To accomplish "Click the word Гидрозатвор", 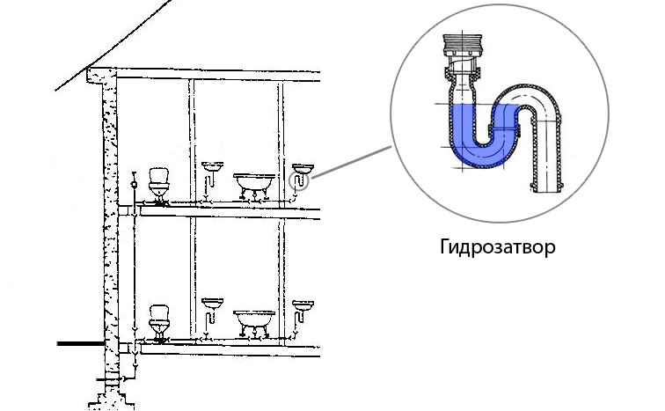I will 497,246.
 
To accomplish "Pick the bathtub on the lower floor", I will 254,319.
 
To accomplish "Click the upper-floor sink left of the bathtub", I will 212,166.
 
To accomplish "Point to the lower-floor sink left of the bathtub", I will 212,305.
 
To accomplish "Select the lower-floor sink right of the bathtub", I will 303,306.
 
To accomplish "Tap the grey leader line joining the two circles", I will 352,163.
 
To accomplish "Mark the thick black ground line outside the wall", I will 79,344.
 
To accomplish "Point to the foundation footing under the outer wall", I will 107,401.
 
